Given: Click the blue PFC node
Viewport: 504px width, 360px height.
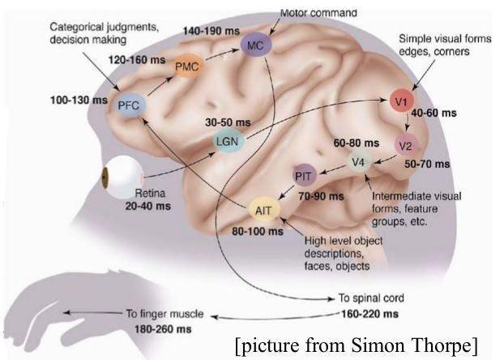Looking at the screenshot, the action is [127, 105].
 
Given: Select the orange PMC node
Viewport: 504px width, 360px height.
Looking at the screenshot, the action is [186, 68].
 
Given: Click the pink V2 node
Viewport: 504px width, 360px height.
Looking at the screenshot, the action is [406, 145].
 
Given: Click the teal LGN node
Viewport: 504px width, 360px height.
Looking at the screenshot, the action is [225, 141].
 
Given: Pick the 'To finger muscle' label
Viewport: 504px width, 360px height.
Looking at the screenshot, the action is [164, 314].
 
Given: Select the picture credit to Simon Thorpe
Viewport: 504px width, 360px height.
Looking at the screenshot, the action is [357, 346].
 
